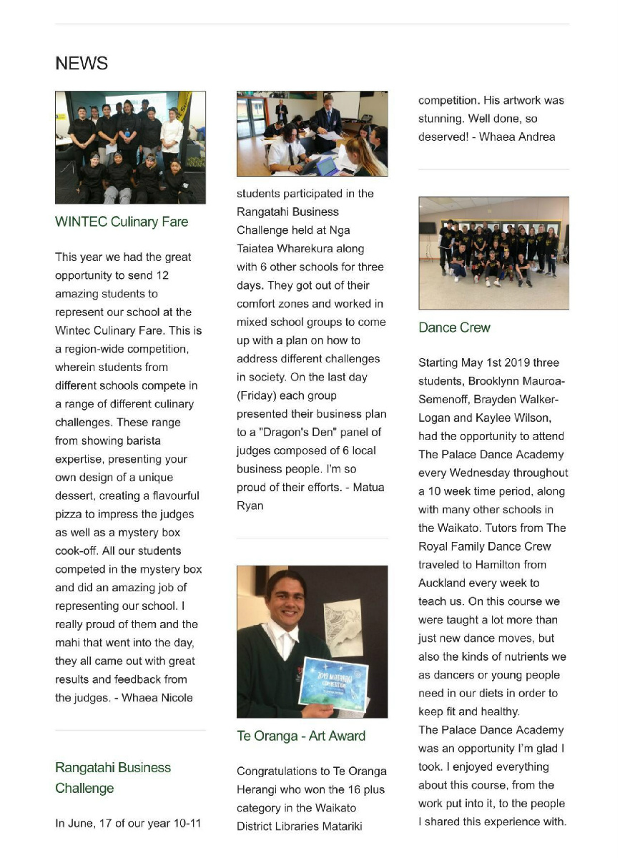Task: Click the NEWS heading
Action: [82, 64]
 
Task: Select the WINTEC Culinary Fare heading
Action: [122, 222]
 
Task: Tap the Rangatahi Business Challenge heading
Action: [113, 778]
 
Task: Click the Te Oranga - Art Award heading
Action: [301, 736]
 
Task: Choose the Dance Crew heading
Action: [455, 327]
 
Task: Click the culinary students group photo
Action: [130, 147]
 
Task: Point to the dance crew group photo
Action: [493, 253]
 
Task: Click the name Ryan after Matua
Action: [250, 506]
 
